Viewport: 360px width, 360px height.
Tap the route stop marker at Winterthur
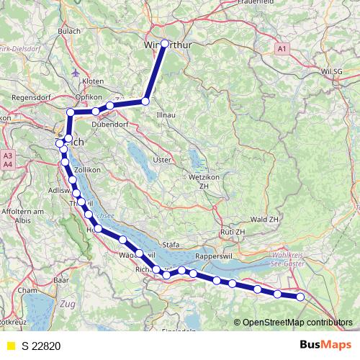[x=164, y=43]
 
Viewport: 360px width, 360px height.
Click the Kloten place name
[x=94, y=81]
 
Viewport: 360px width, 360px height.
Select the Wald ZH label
[x=264, y=218]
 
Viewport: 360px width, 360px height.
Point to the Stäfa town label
[x=171, y=245]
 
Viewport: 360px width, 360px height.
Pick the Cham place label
[x=27, y=289]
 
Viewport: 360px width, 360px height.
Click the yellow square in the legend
[x=10, y=346]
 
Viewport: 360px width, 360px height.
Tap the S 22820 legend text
[x=42, y=346]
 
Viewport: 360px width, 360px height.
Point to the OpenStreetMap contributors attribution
[x=297, y=322]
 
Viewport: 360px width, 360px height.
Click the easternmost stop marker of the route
[x=300, y=297]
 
